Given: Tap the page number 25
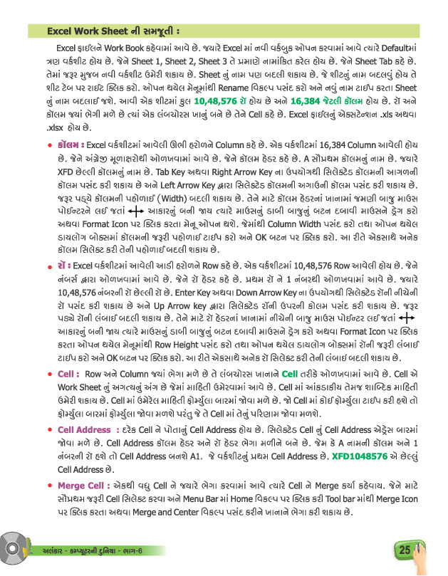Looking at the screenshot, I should click(403, 549).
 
